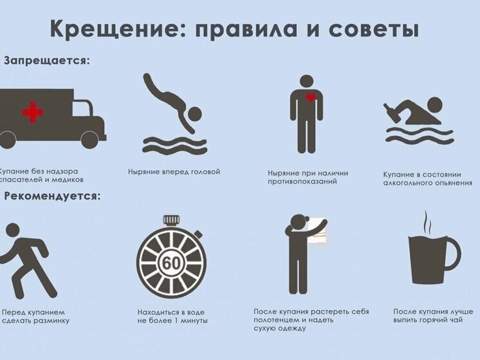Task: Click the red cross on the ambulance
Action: click(32, 112)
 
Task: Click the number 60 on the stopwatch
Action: click(171, 263)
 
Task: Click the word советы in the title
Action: click(374, 30)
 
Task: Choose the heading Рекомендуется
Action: click(52, 196)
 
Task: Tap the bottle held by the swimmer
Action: click(392, 111)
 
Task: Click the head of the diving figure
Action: click(194, 115)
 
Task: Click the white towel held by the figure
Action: click(317, 231)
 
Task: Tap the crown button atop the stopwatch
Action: click(171, 220)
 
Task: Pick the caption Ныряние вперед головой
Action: click(174, 171)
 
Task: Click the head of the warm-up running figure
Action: click(13, 230)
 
